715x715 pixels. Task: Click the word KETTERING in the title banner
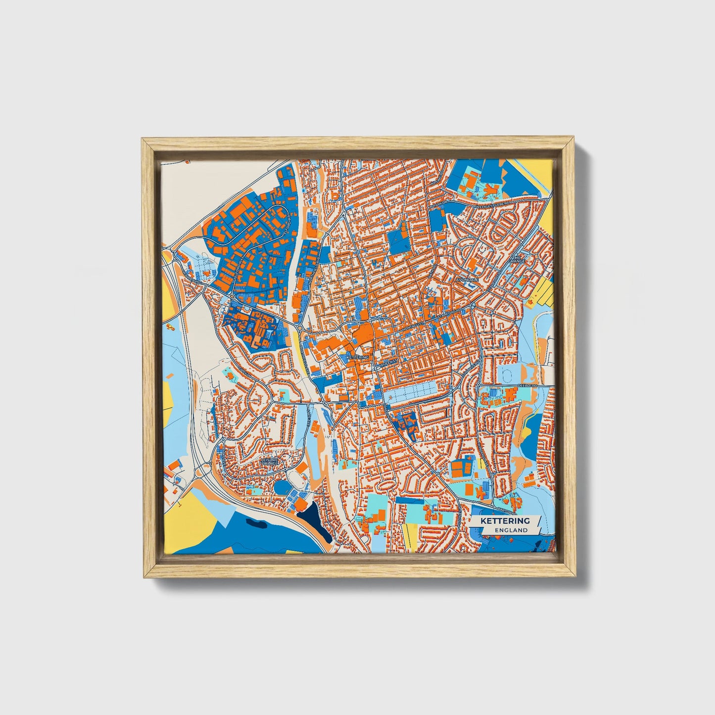click(x=505, y=521)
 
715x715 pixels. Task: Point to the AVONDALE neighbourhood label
click(x=467, y=280)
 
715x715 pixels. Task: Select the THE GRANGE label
click(x=518, y=259)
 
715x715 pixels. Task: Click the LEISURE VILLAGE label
click(x=269, y=461)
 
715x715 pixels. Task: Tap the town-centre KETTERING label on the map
click(x=357, y=357)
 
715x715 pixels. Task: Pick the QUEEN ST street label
click(x=388, y=362)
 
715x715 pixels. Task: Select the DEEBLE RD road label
click(x=527, y=384)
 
